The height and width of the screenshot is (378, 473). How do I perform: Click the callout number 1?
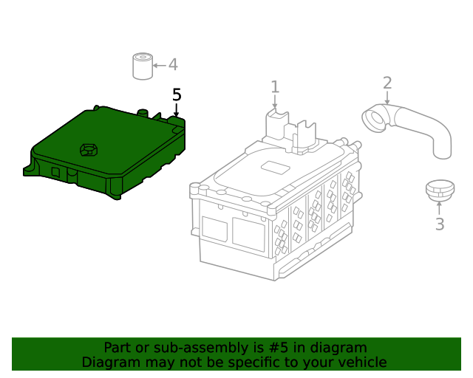pyautogui.click(x=275, y=87)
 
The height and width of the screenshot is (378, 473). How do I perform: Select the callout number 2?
pyautogui.click(x=387, y=83)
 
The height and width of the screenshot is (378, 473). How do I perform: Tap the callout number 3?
pyautogui.click(x=439, y=224)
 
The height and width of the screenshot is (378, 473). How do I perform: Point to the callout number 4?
pyautogui.click(x=173, y=65)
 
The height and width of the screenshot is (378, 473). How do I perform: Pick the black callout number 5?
pyautogui.click(x=177, y=94)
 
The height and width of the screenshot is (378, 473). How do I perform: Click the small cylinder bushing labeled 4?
pyautogui.click(x=142, y=66)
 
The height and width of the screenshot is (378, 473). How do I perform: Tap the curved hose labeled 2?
pyautogui.click(x=414, y=126)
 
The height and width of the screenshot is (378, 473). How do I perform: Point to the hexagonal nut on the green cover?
pyautogui.click(x=89, y=150)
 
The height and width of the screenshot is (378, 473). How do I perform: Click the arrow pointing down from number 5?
pyautogui.click(x=176, y=110)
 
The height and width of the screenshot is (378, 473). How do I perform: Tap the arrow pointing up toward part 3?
pyautogui.click(x=439, y=209)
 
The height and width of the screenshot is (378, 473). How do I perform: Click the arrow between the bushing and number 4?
pyautogui.click(x=159, y=66)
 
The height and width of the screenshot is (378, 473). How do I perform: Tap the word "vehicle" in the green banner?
pyautogui.click(x=360, y=362)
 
